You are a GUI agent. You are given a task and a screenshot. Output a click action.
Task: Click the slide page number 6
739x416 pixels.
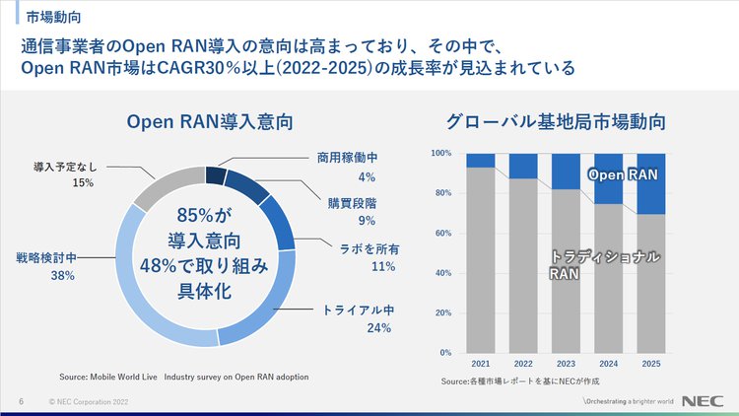click(x=22, y=402)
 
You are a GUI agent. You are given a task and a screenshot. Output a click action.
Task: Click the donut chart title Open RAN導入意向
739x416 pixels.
click(x=210, y=122)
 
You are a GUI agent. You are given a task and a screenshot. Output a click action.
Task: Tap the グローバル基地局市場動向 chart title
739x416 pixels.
click(x=557, y=122)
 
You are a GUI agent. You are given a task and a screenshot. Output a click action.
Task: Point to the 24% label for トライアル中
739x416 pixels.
click(x=379, y=328)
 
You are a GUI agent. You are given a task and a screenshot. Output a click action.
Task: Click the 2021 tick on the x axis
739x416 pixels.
click(x=481, y=364)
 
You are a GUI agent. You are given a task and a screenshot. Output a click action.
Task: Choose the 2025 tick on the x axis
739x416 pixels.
click(x=651, y=364)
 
